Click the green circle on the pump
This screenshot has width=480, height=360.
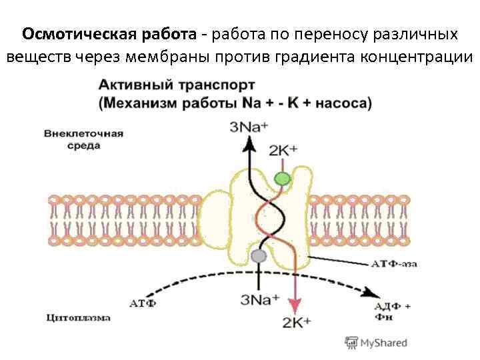pyautogui.click(x=283, y=178)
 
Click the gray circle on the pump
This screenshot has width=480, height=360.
pyautogui.click(x=258, y=256)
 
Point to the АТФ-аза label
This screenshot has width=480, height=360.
pyautogui.click(x=394, y=264)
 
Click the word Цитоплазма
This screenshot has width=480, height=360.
pyautogui.click(x=79, y=318)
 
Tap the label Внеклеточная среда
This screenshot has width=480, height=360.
pyautogui.click(x=83, y=139)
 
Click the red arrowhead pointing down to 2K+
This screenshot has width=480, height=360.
pyautogui.click(x=291, y=304)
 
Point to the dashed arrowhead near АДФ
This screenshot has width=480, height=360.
pyautogui.click(x=369, y=293)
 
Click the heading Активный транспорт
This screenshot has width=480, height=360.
pyautogui.click(x=176, y=87)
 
